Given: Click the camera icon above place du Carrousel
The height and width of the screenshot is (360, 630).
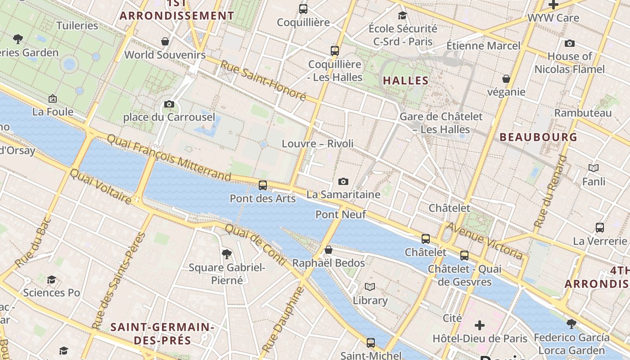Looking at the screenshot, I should [x=169, y=104].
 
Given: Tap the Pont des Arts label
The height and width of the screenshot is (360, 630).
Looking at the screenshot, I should [x=262, y=198].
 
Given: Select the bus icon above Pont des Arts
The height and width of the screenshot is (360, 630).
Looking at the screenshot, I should [x=263, y=185].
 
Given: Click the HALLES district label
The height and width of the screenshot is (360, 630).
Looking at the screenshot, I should [x=405, y=81].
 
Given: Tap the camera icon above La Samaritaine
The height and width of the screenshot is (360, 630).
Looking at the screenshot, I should [x=343, y=181].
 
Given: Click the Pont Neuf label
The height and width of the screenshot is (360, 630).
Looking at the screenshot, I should [x=341, y=214].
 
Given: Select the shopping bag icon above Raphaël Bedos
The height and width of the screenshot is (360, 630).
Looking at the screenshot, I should [x=328, y=250].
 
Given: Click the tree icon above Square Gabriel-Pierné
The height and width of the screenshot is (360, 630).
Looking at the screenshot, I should [x=227, y=255].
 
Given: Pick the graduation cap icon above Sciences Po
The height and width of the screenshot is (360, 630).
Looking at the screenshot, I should [x=51, y=280].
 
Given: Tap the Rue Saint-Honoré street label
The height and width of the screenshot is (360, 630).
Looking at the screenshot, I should [x=263, y=81].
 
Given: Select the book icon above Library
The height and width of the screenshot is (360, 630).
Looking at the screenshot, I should [x=370, y=287].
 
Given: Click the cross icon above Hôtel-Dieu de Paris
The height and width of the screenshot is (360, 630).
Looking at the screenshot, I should [x=480, y=325].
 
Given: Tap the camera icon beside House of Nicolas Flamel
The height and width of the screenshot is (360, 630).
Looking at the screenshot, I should [x=569, y=43].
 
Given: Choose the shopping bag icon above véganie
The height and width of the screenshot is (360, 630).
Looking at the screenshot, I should [x=506, y=79].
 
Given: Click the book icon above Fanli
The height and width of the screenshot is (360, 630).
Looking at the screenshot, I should [x=594, y=168].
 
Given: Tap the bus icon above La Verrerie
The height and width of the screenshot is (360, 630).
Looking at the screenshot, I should [x=600, y=227].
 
